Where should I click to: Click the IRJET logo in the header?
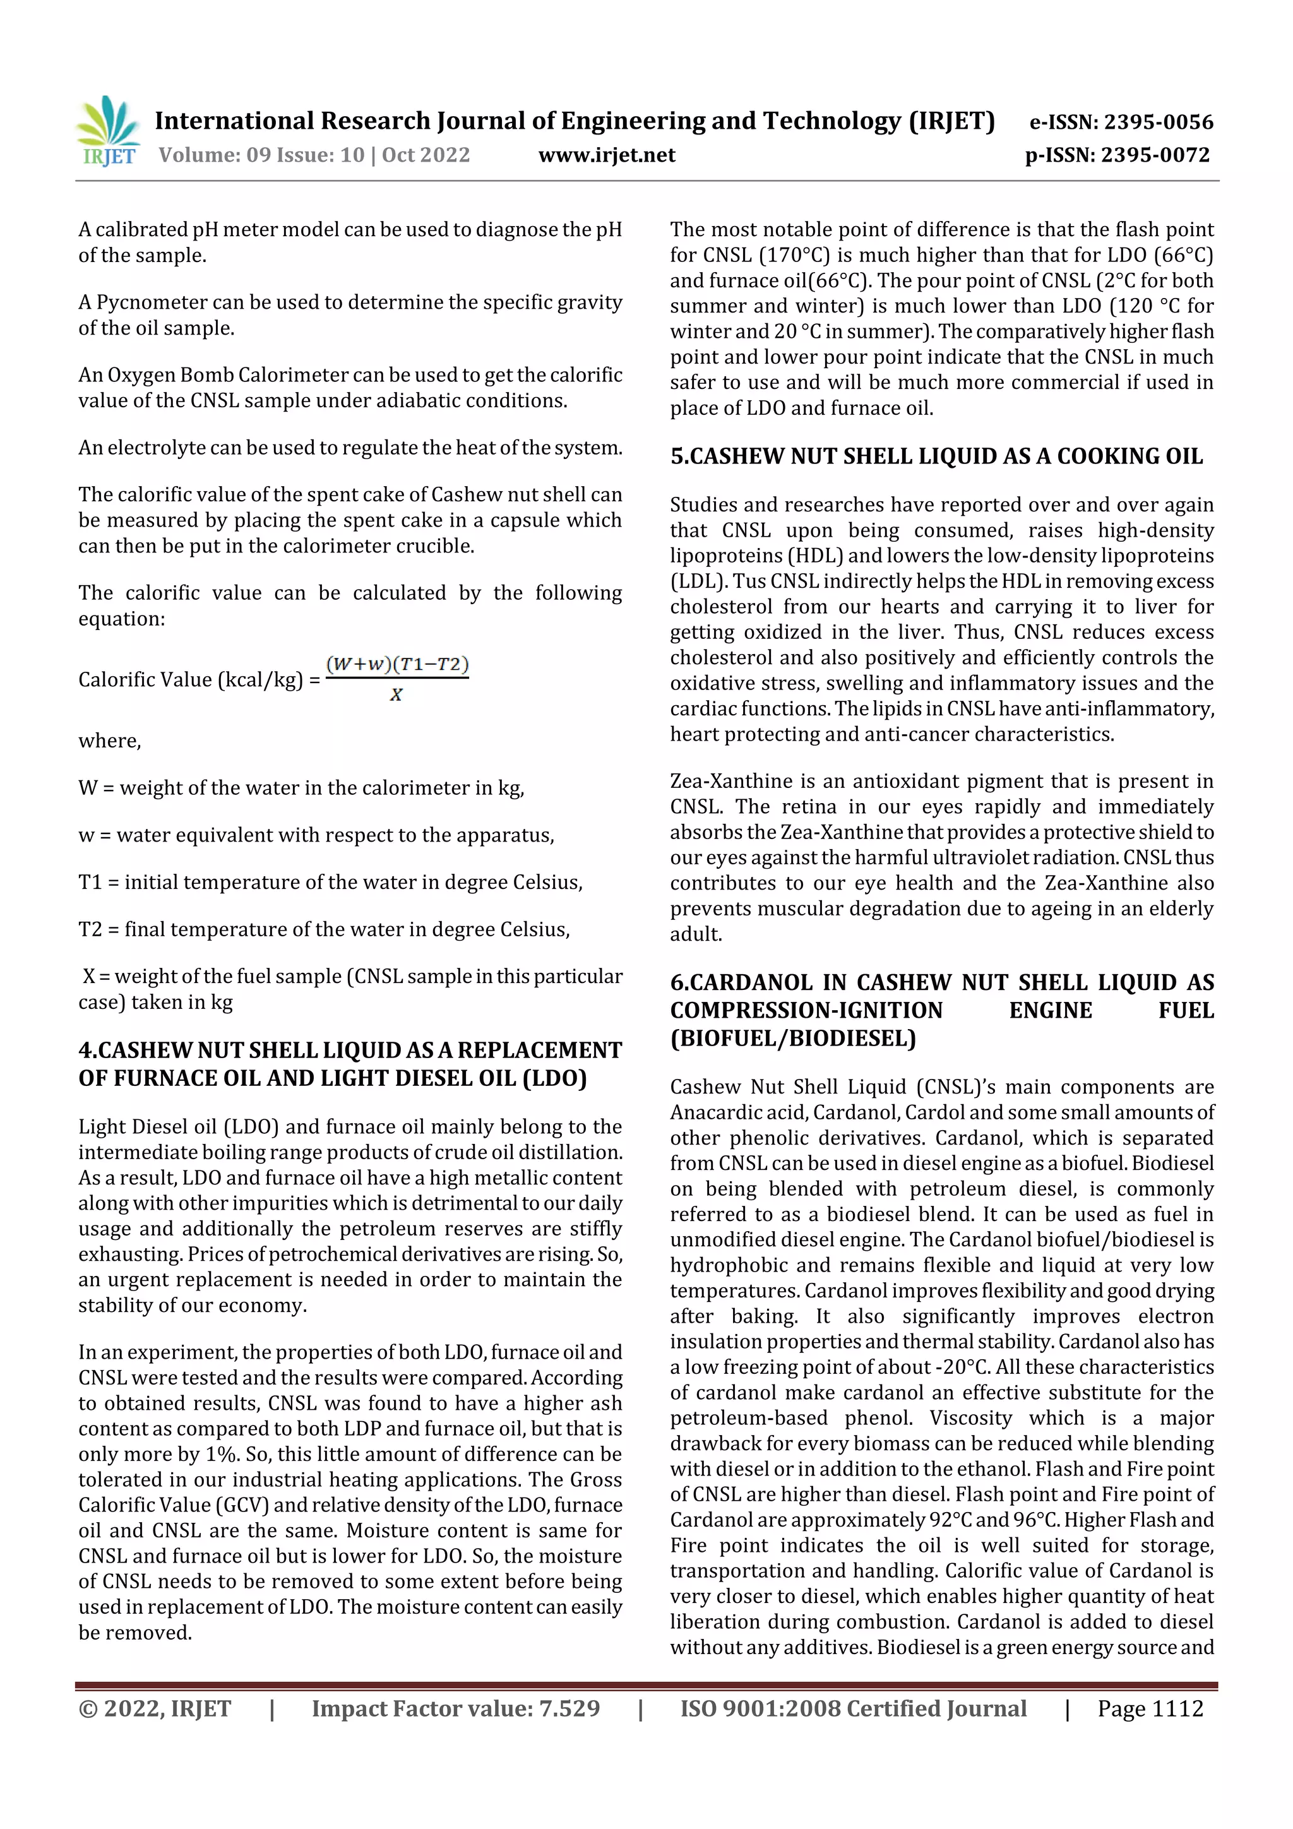tap(109, 131)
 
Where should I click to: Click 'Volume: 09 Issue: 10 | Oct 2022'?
tap(314, 155)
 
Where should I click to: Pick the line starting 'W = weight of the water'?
tap(301, 788)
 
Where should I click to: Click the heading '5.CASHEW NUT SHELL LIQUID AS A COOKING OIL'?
tap(936, 456)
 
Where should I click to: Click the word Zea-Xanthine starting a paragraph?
tap(719, 782)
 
